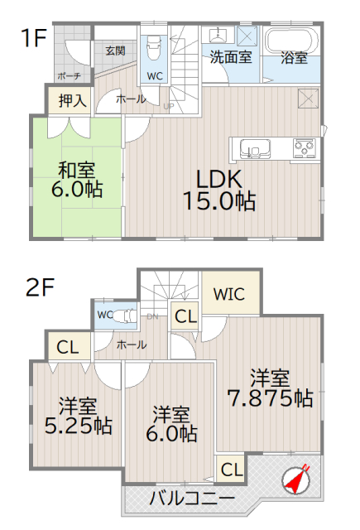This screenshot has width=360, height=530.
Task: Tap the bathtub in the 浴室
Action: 290,41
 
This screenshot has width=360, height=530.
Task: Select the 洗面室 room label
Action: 231,58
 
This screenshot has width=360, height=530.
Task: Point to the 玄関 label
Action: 115,51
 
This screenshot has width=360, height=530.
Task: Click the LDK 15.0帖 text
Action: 218,189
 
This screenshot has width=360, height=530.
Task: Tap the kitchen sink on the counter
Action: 256,149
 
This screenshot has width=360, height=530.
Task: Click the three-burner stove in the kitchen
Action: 304,148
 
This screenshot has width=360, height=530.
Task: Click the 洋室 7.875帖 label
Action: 270,388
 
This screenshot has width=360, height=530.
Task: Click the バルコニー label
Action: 191,498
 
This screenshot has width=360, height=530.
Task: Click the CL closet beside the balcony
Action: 231,469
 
